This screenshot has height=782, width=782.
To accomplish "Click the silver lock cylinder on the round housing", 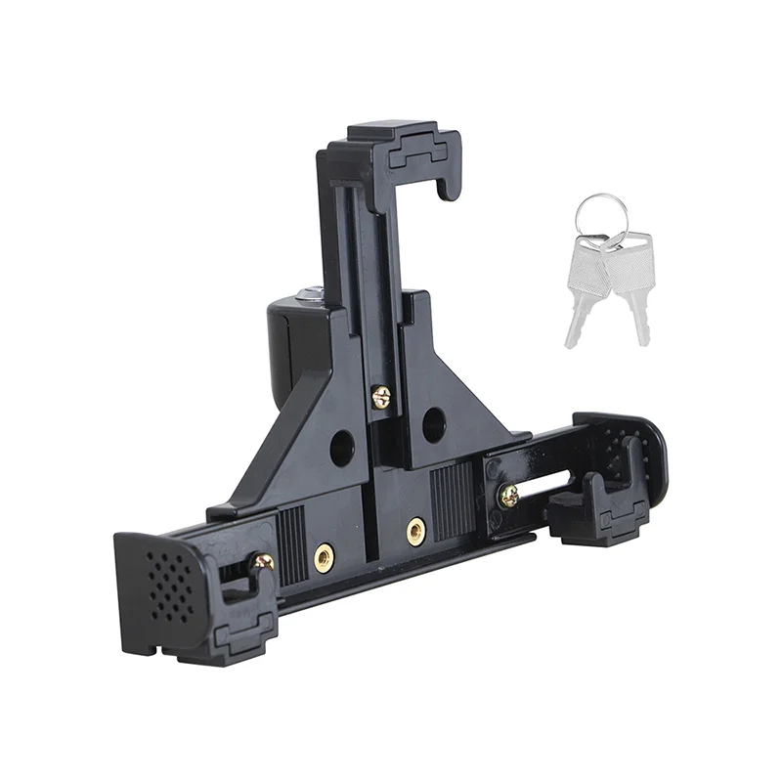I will tap(309, 292).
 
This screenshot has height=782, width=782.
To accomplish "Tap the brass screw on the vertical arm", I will tap(380, 396).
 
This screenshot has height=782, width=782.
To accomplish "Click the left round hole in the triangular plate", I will tap(342, 448).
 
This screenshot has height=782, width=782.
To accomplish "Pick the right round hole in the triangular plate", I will tap(434, 424).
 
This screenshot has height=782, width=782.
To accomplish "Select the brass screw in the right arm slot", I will tap(508, 496).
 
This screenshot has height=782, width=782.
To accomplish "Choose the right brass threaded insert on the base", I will tap(416, 531).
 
